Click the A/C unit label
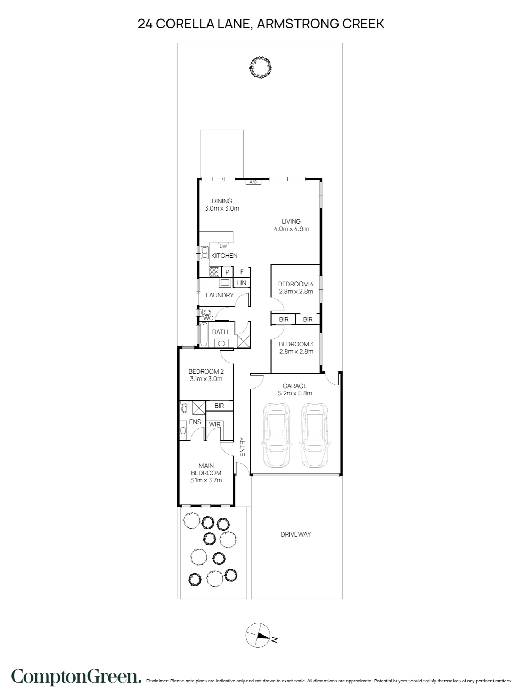(x=253, y=182)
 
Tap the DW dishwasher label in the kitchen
(x=223, y=246)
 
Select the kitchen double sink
(x=204, y=252)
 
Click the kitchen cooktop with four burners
(x=214, y=271)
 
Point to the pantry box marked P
(x=227, y=272)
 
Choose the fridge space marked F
(x=242, y=272)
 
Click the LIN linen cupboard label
(x=242, y=283)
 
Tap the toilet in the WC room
(x=205, y=312)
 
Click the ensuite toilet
(x=184, y=407)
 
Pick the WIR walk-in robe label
(x=214, y=424)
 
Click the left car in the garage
(x=276, y=435)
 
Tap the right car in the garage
(x=315, y=435)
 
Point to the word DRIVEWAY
(x=296, y=534)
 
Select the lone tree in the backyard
(x=260, y=67)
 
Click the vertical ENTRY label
(x=243, y=447)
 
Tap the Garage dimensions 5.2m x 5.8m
(x=295, y=393)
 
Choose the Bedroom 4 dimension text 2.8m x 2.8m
(x=296, y=291)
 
